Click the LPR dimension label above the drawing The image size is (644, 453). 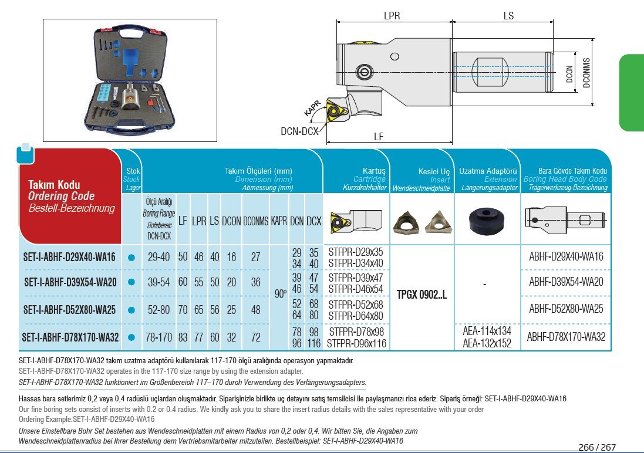[x=392, y=16]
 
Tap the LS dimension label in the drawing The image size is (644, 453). [x=508, y=16]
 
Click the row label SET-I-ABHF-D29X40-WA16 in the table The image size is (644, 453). [x=70, y=257]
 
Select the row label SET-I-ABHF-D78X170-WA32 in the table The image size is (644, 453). [x=70, y=337]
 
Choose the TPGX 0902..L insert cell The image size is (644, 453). [x=422, y=295]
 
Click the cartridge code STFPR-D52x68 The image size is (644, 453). [x=356, y=304]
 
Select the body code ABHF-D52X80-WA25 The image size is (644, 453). [x=566, y=309]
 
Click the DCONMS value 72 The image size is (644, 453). [x=255, y=337]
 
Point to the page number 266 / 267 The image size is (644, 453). [x=597, y=447]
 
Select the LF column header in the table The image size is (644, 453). [x=183, y=222]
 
